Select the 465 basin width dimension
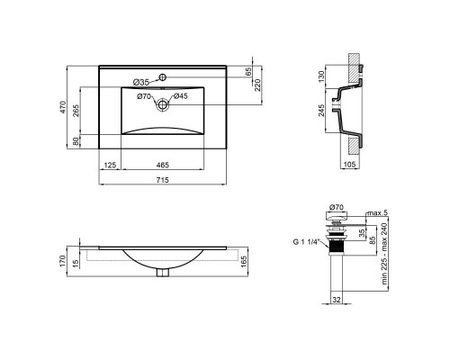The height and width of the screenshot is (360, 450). tap(162, 166)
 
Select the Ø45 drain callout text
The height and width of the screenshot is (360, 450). tap(180, 96)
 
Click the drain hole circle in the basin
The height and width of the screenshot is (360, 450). tap(162, 105)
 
